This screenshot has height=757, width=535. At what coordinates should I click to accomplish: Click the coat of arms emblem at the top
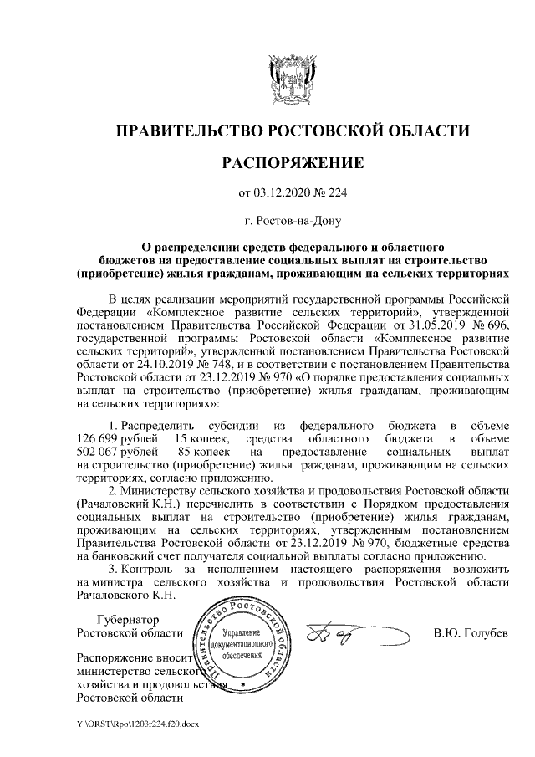(x=292, y=76)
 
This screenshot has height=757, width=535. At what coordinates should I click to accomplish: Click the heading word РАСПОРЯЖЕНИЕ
(x=292, y=161)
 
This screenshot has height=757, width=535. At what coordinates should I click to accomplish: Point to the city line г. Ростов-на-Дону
(x=292, y=222)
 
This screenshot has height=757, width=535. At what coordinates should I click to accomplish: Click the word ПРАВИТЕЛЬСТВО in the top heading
(x=186, y=130)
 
